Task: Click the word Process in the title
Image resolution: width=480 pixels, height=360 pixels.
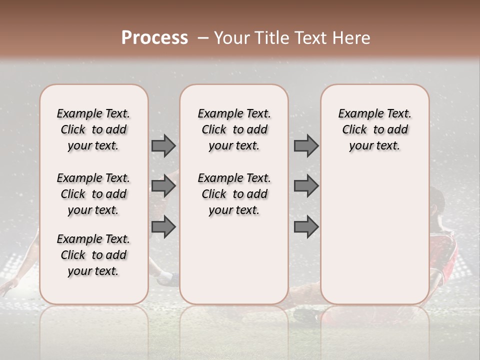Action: pyautogui.click(x=154, y=38)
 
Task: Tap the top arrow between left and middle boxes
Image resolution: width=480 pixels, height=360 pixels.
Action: pyautogui.click(x=163, y=146)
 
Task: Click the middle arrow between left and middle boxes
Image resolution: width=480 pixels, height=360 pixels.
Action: pyautogui.click(x=163, y=186)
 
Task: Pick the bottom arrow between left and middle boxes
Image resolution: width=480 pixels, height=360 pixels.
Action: pyautogui.click(x=163, y=227)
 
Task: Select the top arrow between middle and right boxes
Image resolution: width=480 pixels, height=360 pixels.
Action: pyautogui.click(x=306, y=146)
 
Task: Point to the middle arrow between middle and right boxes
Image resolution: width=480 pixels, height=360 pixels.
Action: pyautogui.click(x=306, y=186)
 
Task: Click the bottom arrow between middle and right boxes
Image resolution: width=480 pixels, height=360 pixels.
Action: pyautogui.click(x=306, y=227)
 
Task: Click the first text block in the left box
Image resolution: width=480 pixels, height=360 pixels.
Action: pyautogui.click(x=93, y=129)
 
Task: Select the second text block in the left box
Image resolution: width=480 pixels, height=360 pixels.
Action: pyautogui.click(x=93, y=194)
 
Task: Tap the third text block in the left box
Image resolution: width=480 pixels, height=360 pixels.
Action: pyautogui.click(x=93, y=255)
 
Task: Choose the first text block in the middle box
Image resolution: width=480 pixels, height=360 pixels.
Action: pyautogui.click(x=234, y=129)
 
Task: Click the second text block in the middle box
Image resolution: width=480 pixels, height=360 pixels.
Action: pyautogui.click(x=234, y=194)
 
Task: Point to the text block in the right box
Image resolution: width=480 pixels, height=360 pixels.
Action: pyautogui.click(x=374, y=129)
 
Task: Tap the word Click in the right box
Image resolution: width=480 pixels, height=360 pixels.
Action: pyautogui.click(x=354, y=130)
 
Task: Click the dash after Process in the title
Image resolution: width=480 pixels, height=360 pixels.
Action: pyautogui.click(x=202, y=38)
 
